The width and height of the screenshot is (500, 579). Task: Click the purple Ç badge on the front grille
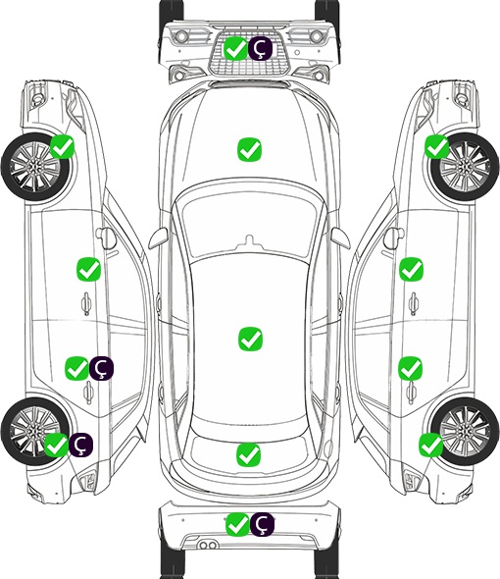[260, 48]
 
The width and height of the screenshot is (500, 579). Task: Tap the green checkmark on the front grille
[235, 48]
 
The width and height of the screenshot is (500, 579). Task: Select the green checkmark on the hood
[249, 149]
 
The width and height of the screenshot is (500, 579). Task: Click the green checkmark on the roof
[250, 339]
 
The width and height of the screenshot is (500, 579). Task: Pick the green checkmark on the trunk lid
[248, 454]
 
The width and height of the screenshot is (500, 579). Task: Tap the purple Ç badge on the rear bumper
[262, 524]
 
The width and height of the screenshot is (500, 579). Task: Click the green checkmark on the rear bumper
[237, 524]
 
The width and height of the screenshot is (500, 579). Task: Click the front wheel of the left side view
[36, 167]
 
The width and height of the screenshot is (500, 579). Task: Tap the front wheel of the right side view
[465, 167]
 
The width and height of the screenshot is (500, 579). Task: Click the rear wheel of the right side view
[465, 431]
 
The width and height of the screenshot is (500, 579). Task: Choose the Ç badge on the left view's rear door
[102, 368]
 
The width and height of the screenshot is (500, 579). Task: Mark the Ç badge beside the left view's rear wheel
[80, 445]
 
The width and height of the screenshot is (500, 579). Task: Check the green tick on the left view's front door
[88, 269]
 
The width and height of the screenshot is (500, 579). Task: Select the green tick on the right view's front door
[411, 269]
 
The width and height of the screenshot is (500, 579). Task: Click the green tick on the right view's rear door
[410, 368]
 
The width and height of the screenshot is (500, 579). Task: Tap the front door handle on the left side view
[86, 304]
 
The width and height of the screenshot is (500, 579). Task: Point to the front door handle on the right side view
[414, 303]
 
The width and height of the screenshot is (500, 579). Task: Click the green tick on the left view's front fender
[63, 146]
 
